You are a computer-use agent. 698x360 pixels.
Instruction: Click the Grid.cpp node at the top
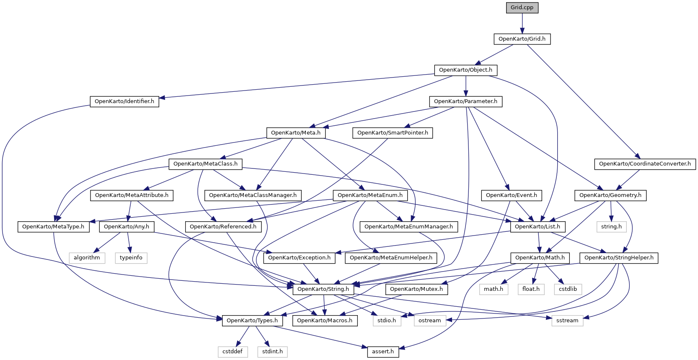(522, 8)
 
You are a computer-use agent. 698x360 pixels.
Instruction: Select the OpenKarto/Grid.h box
(522, 39)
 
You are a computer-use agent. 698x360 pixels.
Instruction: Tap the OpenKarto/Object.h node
(465, 70)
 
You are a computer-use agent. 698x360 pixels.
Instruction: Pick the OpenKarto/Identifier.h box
(124, 101)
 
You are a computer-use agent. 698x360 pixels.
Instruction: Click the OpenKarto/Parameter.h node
(465, 101)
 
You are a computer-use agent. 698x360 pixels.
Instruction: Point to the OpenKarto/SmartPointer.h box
(393, 133)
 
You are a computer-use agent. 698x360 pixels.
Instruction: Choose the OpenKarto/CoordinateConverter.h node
(645, 164)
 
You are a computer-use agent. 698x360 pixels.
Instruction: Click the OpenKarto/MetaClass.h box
(205, 164)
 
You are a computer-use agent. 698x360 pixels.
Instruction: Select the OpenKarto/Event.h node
(512, 195)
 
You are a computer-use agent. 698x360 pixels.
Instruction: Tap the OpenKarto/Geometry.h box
(610, 195)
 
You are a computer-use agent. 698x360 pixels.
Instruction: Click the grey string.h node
(611, 227)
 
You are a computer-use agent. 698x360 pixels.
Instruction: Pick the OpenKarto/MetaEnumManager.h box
(408, 227)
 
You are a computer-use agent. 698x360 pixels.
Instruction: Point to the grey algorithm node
(87, 258)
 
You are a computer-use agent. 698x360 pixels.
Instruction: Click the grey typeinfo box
(131, 258)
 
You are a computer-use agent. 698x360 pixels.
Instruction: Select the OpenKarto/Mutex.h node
(416, 289)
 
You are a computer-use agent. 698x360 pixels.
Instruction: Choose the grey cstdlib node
(568, 289)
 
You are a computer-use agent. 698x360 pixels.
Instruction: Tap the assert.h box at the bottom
(383, 352)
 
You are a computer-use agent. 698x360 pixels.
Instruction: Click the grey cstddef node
(233, 352)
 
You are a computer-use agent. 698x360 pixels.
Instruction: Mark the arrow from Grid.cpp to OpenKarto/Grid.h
(522, 23)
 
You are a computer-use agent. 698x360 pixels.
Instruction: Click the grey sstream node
(567, 321)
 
